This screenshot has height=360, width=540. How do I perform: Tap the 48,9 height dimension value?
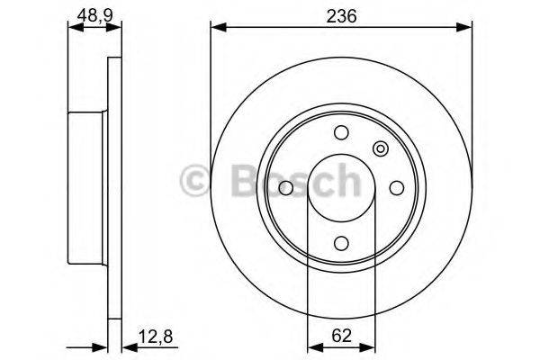(x=87, y=15)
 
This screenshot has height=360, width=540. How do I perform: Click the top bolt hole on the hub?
(x=341, y=134)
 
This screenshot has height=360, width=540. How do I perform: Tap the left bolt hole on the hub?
(x=286, y=188)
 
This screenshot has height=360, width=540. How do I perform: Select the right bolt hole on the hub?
(x=396, y=188)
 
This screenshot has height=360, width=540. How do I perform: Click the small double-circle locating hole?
(x=380, y=149)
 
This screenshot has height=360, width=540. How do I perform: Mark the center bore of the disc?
(x=341, y=188)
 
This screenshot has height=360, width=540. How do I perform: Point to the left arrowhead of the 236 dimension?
(x=217, y=30)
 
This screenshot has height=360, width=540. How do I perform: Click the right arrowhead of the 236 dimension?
(x=465, y=30)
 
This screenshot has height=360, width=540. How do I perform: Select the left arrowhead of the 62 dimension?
(x=313, y=346)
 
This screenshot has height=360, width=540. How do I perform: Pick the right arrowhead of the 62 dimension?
(x=369, y=346)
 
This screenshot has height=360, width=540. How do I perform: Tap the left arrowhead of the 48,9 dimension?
(x=74, y=30)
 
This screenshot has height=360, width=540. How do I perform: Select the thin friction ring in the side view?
(x=114, y=188)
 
